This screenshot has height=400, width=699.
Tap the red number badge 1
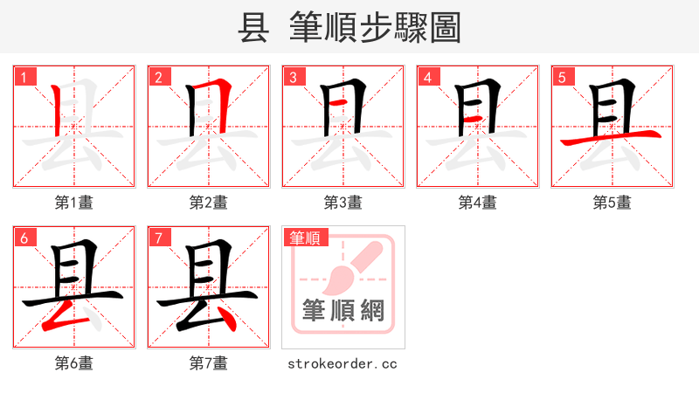pyautogui.click(x=23, y=77)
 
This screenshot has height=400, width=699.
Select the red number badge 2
pyautogui.click(x=157, y=77)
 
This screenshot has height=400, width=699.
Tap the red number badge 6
pyautogui.click(x=23, y=238)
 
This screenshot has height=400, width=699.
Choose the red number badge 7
pyautogui.click(x=157, y=238)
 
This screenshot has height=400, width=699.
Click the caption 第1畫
pyautogui.click(x=73, y=202)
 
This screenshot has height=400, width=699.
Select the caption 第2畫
pyautogui.click(x=208, y=202)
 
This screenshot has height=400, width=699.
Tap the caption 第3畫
pyautogui.click(x=343, y=202)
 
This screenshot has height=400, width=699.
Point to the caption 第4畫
pyautogui.click(x=477, y=202)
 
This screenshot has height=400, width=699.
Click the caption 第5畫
pyautogui.click(x=612, y=202)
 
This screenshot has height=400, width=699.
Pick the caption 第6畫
pyautogui.click(x=73, y=362)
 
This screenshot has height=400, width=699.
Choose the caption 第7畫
pyautogui.click(x=208, y=362)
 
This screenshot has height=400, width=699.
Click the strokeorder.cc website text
pyautogui.click(x=343, y=362)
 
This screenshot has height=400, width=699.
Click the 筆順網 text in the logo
pyautogui.click(x=343, y=311)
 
